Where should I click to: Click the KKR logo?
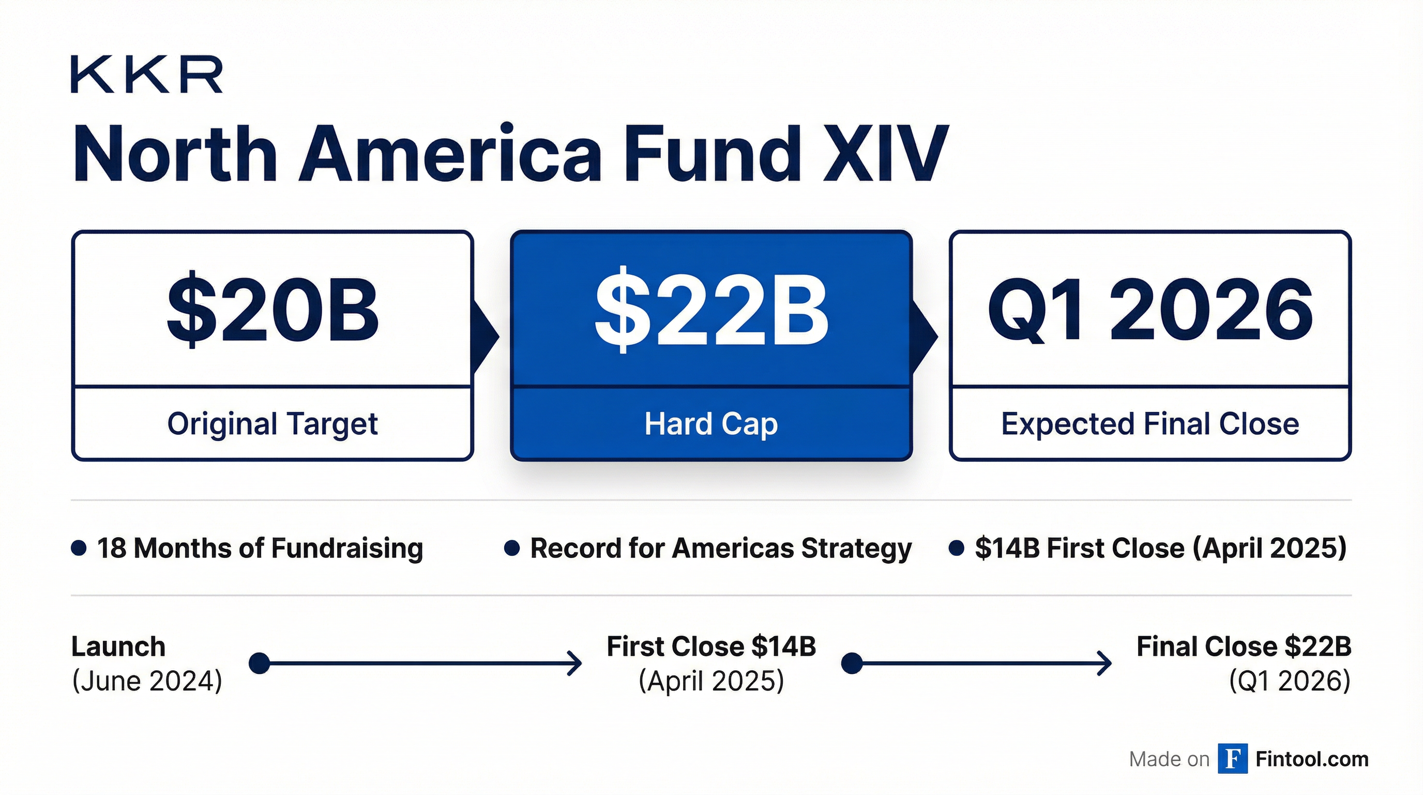tap(146, 74)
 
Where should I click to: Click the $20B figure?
tap(273, 310)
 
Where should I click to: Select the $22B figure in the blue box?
tap(711, 310)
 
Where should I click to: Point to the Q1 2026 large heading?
tap(1150, 310)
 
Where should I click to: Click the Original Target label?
tap(273, 424)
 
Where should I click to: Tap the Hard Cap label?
tap(711, 424)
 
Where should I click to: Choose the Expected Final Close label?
tap(1150, 424)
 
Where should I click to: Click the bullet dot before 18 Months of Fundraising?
tap(79, 548)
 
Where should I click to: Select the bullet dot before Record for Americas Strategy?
tap(512, 548)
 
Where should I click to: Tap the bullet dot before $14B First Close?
tap(956, 548)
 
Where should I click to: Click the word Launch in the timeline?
tap(118, 646)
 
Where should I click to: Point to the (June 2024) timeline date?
tap(147, 680)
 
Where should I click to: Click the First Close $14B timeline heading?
tap(711, 646)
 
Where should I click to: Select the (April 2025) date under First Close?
tap(711, 680)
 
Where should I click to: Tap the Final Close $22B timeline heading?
tap(1244, 646)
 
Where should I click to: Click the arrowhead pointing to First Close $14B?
tap(576, 663)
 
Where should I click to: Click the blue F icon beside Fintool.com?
tap(1232, 759)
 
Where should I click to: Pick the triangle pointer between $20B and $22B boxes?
tap(486, 335)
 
